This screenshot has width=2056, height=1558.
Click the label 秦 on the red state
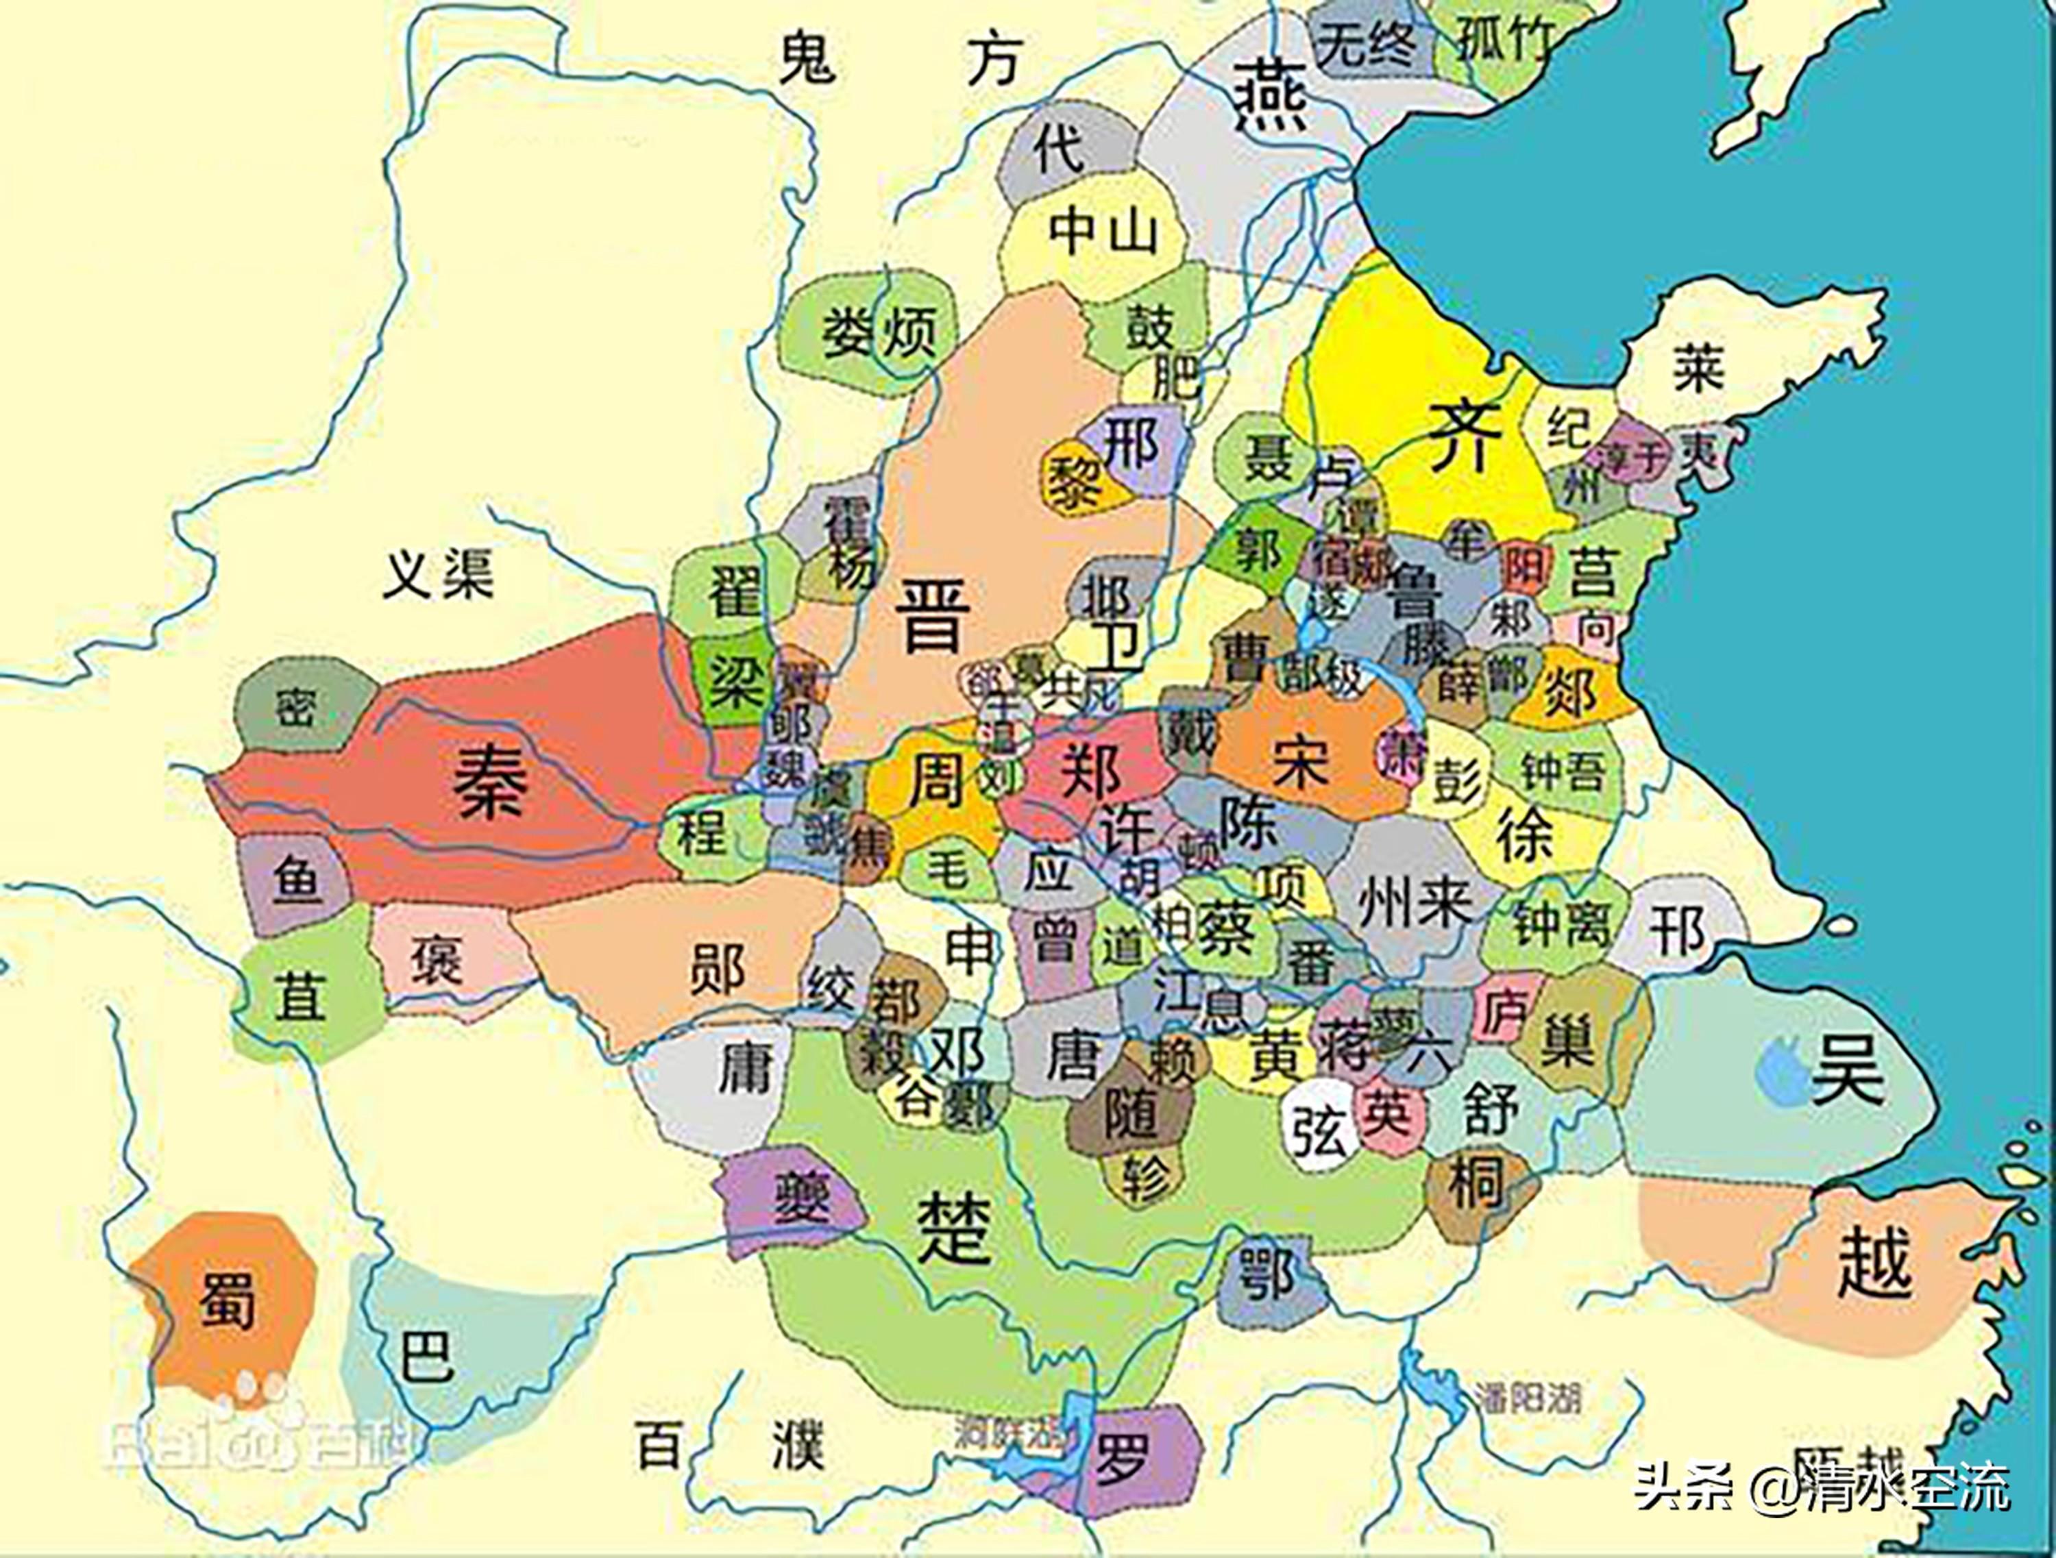coord(490,783)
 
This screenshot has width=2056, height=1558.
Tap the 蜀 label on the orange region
coord(226,1298)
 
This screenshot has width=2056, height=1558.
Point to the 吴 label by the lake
coord(1850,1070)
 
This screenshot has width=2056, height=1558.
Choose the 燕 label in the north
coord(1269,96)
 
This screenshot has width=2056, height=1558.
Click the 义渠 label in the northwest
coord(439,573)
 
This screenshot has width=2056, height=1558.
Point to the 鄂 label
coord(1267,1274)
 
